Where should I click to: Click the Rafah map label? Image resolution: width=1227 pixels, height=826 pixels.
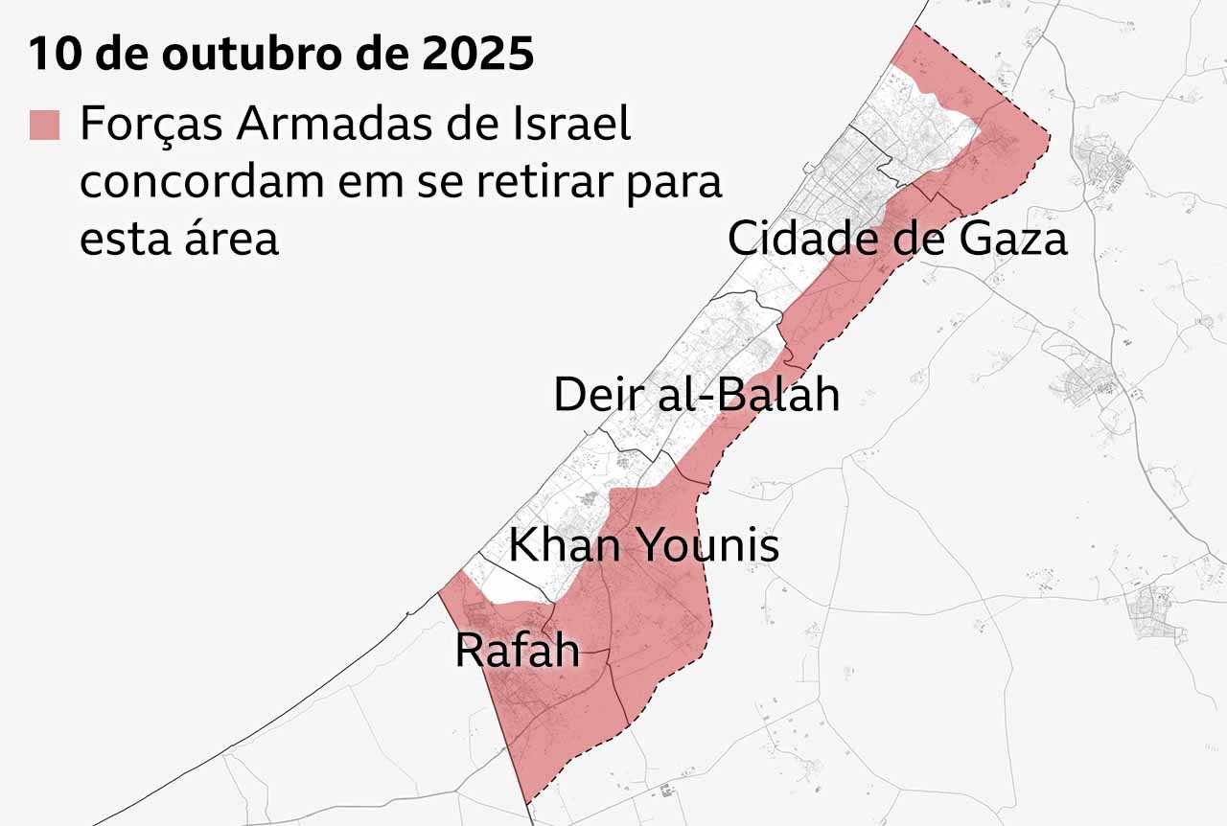[x=517, y=651]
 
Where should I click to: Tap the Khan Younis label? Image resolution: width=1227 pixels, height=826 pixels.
[x=643, y=545]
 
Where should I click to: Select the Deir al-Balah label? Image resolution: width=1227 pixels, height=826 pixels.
[x=697, y=394]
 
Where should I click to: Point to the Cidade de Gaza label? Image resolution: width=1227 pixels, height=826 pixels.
[x=897, y=238]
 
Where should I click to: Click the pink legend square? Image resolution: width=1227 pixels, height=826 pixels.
[x=44, y=126]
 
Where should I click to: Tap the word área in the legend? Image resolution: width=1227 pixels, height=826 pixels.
[x=230, y=237]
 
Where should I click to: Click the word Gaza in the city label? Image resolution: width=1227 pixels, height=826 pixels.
[x=1012, y=238]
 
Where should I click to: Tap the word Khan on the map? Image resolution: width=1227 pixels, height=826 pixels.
[x=566, y=545]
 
